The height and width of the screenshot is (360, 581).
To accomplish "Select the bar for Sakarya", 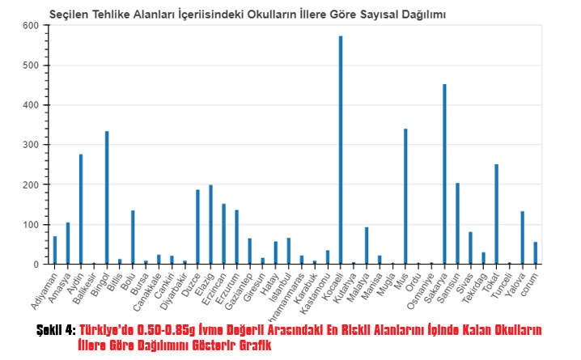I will (x=444, y=174).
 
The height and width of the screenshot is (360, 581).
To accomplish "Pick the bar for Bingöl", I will (x=107, y=197).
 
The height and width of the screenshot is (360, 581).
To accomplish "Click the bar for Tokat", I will (x=496, y=214).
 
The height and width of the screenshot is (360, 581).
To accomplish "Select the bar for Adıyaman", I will (x=55, y=250).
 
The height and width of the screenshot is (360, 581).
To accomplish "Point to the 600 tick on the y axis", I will (x=31, y=25).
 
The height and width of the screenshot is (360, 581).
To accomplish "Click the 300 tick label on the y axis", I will (x=31, y=145).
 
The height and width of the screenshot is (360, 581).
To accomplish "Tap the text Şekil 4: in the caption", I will (x=56, y=330).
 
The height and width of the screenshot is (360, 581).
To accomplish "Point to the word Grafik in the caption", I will (x=252, y=345).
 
